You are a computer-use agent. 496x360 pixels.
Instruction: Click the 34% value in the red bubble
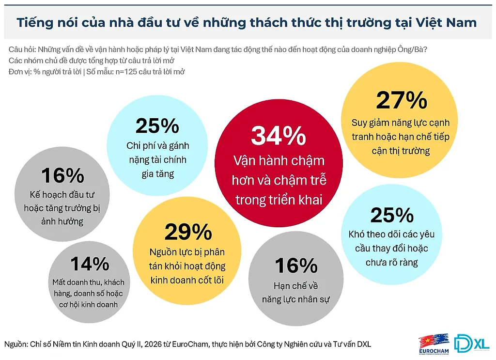(x=279, y=136)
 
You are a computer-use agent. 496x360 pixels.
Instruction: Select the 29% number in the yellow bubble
(x=188, y=232)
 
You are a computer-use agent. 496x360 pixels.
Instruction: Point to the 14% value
(x=90, y=264)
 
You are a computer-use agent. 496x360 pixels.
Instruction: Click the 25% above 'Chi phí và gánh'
(x=157, y=125)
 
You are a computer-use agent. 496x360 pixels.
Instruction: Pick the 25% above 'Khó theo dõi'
(x=392, y=215)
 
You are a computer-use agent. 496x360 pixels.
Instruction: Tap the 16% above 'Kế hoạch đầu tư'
(x=62, y=175)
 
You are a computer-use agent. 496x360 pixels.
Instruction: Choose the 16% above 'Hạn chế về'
(x=296, y=266)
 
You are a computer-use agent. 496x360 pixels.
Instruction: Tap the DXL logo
(x=472, y=343)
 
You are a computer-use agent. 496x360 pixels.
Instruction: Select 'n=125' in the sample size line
(x=126, y=72)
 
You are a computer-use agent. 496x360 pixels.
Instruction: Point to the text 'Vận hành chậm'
(x=279, y=161)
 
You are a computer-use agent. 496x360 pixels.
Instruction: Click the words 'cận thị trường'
(x=401, y=151)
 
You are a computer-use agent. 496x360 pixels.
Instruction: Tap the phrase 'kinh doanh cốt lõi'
(x=187, y=280)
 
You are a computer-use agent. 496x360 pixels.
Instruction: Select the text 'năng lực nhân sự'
(x=296, y=299)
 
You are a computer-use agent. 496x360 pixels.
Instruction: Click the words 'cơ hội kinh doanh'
(x=88, y=304)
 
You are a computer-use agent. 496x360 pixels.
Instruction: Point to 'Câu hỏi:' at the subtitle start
(x=22, y=50)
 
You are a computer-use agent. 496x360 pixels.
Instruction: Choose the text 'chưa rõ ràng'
(x=391, y=263)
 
